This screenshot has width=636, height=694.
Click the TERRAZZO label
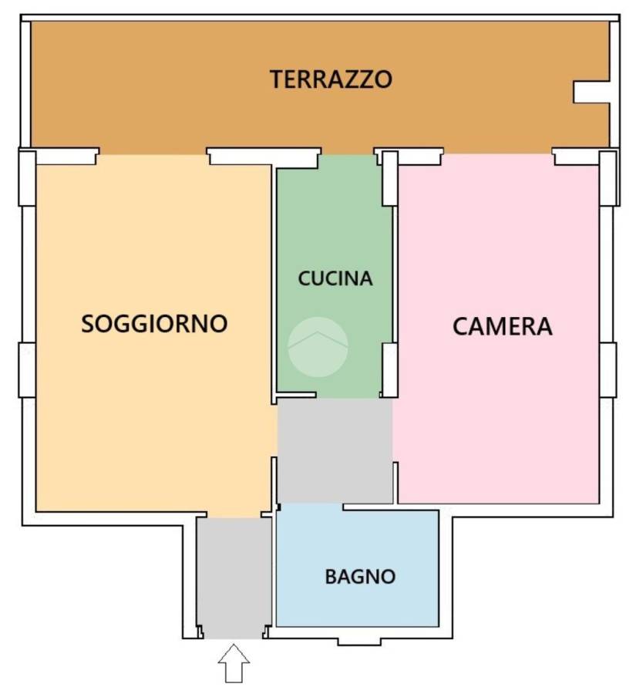pos(331,79)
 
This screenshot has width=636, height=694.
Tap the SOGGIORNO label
pos(154,324)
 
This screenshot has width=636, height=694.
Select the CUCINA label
pos(335,278)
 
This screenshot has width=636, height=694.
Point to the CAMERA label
pos(503,327)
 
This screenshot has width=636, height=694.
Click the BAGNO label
pos(360,577)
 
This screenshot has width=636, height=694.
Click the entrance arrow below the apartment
pos(234,663)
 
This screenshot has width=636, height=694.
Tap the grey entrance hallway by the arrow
pos(234,578)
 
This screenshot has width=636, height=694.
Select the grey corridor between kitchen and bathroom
pos(335,450)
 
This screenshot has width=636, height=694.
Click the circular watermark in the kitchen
pos(318,347)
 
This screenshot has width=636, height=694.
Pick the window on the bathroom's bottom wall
pos(359,642)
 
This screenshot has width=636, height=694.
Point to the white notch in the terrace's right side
pos(592,92)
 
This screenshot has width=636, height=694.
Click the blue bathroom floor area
pos(358,568)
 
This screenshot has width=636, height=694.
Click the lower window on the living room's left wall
pos(27,369)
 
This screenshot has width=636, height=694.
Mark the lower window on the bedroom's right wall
pos(608,370)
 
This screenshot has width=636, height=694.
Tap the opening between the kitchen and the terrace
pos(348,152)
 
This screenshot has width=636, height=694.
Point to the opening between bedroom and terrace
pos(498,152)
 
